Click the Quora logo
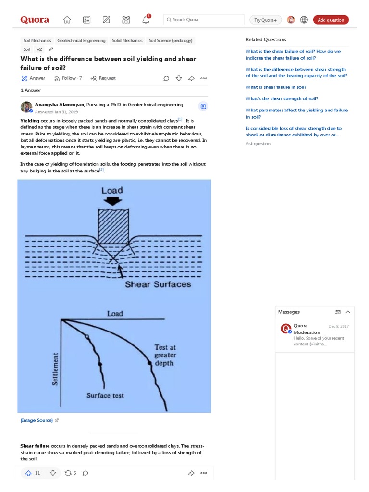[x=35, y=20]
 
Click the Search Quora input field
[x=204, y=20]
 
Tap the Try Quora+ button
[x=265, y=20]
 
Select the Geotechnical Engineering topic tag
[x=81, y=41]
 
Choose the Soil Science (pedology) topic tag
[x=171, y=41]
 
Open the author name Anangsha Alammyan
[x=60, y=104]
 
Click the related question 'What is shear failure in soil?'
[x=276, y=87]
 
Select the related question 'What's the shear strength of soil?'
[x=282, y=98]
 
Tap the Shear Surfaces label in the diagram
[x=158, y=284]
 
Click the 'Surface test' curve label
[x=105, y=395]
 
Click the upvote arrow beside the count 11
[x=28, y=473]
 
